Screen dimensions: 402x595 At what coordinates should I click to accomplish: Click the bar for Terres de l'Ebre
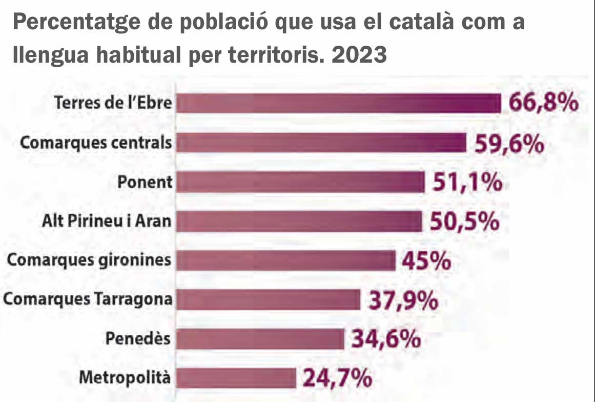click(338, 103)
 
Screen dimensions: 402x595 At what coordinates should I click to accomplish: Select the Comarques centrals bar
click(321, 142)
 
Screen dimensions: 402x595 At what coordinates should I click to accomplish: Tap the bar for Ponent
click(300, 182)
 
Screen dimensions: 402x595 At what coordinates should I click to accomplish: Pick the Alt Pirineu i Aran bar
click(299, 221)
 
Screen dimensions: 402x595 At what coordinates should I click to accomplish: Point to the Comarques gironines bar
click(286, 260)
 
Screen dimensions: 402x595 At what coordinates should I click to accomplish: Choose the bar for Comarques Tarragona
click(269, 300)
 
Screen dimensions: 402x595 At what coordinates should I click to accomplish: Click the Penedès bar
click(260, 339)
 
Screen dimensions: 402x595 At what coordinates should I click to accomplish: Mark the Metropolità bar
click(236, 378)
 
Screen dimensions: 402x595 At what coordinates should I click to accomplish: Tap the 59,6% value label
click(509, 144)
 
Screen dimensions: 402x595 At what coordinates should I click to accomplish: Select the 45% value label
click(426, 261)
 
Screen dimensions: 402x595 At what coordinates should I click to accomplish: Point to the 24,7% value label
click(337, 379)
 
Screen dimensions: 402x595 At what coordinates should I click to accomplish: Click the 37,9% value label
click(403, 300)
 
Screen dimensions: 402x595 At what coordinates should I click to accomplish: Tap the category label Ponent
click(145, 182)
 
